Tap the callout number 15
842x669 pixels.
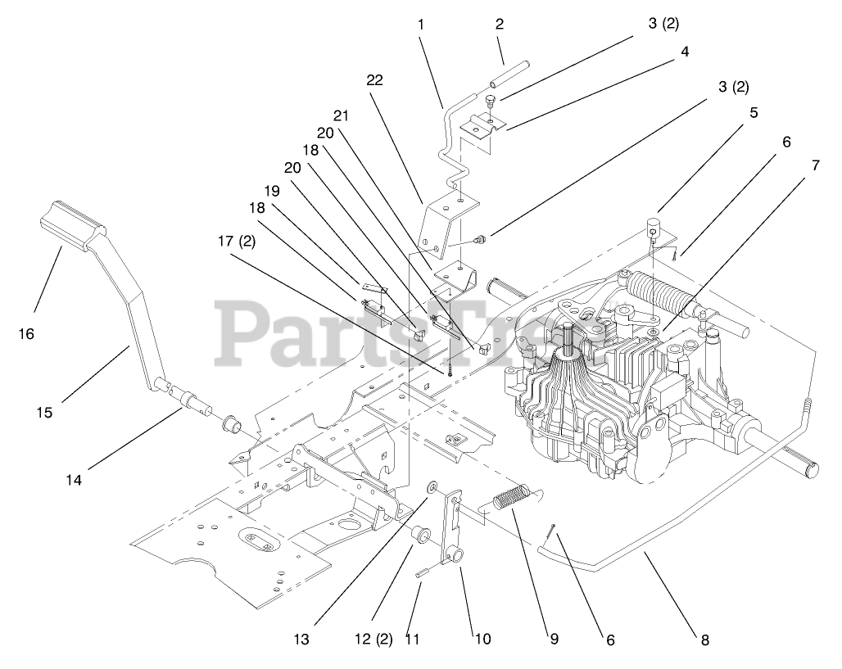[x=44, y=413]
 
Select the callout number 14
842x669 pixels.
[x=75, y=480]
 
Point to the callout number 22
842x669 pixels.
[x=375, y=79]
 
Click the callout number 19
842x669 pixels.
[x=272, y=190]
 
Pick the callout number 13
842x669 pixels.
[x=302, y=639]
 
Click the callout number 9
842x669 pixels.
[x=555, y=639]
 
